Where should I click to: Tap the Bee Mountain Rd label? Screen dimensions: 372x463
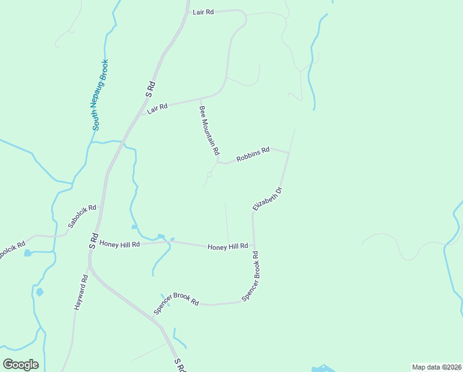click(209, 130)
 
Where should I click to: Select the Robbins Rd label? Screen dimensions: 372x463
click(253, 154)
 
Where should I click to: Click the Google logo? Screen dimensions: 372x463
click(21, 365)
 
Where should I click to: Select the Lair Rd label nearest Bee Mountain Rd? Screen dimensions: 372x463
click(158, 107)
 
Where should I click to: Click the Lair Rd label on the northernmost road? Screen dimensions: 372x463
click(203, 12)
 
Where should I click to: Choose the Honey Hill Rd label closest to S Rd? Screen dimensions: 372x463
click(119, 244)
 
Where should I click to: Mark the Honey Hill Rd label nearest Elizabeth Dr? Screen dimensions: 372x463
click(227, 246)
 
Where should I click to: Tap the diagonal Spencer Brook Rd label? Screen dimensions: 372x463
click(176, 302)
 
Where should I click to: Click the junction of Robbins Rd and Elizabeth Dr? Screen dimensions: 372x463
click(289, 153)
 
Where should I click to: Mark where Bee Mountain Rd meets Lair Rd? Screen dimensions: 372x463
click(200, 99)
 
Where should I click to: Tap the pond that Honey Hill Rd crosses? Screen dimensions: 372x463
click(162, 237)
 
